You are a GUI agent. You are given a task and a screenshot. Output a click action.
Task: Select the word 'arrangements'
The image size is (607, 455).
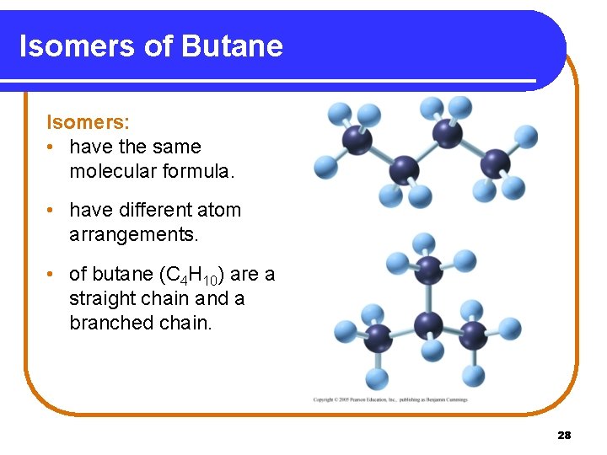tap(134, 234)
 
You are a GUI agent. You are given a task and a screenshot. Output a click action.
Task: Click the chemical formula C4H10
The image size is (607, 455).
tap(191, 275)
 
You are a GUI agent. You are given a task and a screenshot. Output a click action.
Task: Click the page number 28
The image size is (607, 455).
tap(564, 435)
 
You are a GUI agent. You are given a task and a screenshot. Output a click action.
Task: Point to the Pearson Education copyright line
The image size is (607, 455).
tap(389, 399)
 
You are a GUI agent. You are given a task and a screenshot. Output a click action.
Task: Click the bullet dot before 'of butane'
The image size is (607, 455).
tap(52, 275)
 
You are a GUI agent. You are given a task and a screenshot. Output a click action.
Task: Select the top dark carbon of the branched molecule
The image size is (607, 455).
tap(428, 270)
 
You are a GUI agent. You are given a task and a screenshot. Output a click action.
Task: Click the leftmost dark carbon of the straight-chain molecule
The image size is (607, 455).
tap(357, 140)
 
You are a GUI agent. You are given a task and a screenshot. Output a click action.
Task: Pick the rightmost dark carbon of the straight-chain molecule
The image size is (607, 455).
tap(495, 163)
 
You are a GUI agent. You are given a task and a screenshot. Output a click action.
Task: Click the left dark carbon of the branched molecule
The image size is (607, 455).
tap(378, 337)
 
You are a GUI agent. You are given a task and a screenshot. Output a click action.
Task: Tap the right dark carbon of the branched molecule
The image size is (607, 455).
tap(473, 335)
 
